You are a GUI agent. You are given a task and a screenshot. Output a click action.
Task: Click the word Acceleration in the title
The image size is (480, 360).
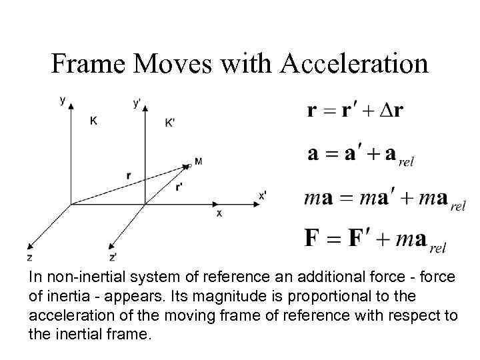point(354,64)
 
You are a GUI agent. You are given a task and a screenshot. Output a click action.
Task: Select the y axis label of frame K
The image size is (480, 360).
point(63,101)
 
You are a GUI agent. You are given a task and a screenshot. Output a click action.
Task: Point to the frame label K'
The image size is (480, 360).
point(171,123)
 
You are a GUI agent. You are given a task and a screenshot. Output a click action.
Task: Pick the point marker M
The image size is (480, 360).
point(199,161)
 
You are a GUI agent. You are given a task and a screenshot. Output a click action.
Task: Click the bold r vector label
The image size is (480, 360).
point(128,175)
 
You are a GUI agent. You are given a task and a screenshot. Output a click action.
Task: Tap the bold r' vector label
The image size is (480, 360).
point(179,187)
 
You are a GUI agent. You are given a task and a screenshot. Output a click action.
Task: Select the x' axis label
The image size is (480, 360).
point(263,195)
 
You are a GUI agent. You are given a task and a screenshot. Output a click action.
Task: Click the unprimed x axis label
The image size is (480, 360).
point(219,213)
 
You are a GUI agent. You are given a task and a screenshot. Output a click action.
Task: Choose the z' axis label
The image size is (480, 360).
point(113,257)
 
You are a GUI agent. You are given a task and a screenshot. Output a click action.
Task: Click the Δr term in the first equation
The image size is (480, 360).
point(390,110)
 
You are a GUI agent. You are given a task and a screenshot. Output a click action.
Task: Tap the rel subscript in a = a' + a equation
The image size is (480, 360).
point(405,162)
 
